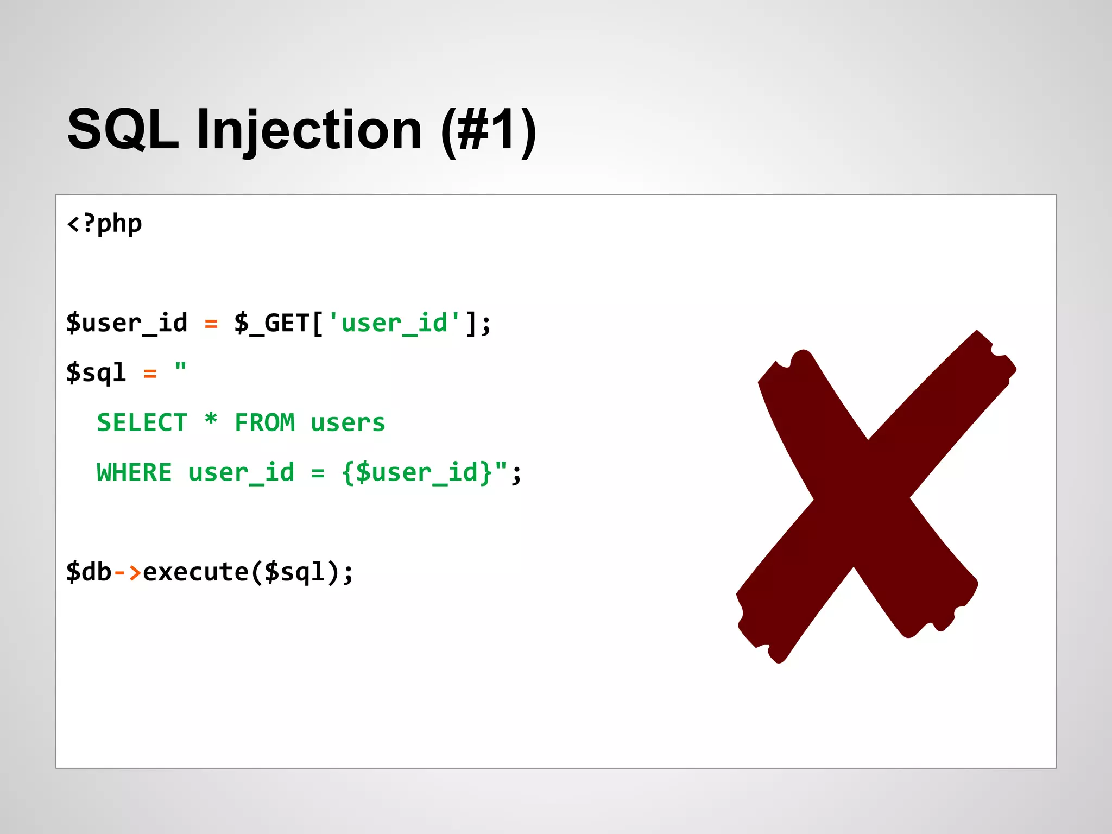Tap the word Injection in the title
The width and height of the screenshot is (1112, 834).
click(309, 130)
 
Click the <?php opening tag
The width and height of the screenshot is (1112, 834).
click(104, 224)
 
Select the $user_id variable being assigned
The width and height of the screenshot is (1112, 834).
click(127, 323)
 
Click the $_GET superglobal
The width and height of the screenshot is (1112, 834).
click(272, 323)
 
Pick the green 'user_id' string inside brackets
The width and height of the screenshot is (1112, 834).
click(395, 323)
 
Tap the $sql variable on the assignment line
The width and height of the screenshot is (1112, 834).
click(96, 373)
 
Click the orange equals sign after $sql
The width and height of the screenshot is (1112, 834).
click(150, 374)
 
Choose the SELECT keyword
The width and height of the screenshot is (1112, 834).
click(142, 423)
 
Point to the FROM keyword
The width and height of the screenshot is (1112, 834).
click(265, 423)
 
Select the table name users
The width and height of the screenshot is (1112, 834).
click(348, 423)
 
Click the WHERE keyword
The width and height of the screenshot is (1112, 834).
click(134, 472)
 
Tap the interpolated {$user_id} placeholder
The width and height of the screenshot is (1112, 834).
click(417, 472)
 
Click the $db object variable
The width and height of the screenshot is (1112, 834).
click(89, 572)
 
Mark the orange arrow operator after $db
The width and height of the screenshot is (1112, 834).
click(128, 572)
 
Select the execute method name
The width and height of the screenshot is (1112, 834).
click(195, 572)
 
